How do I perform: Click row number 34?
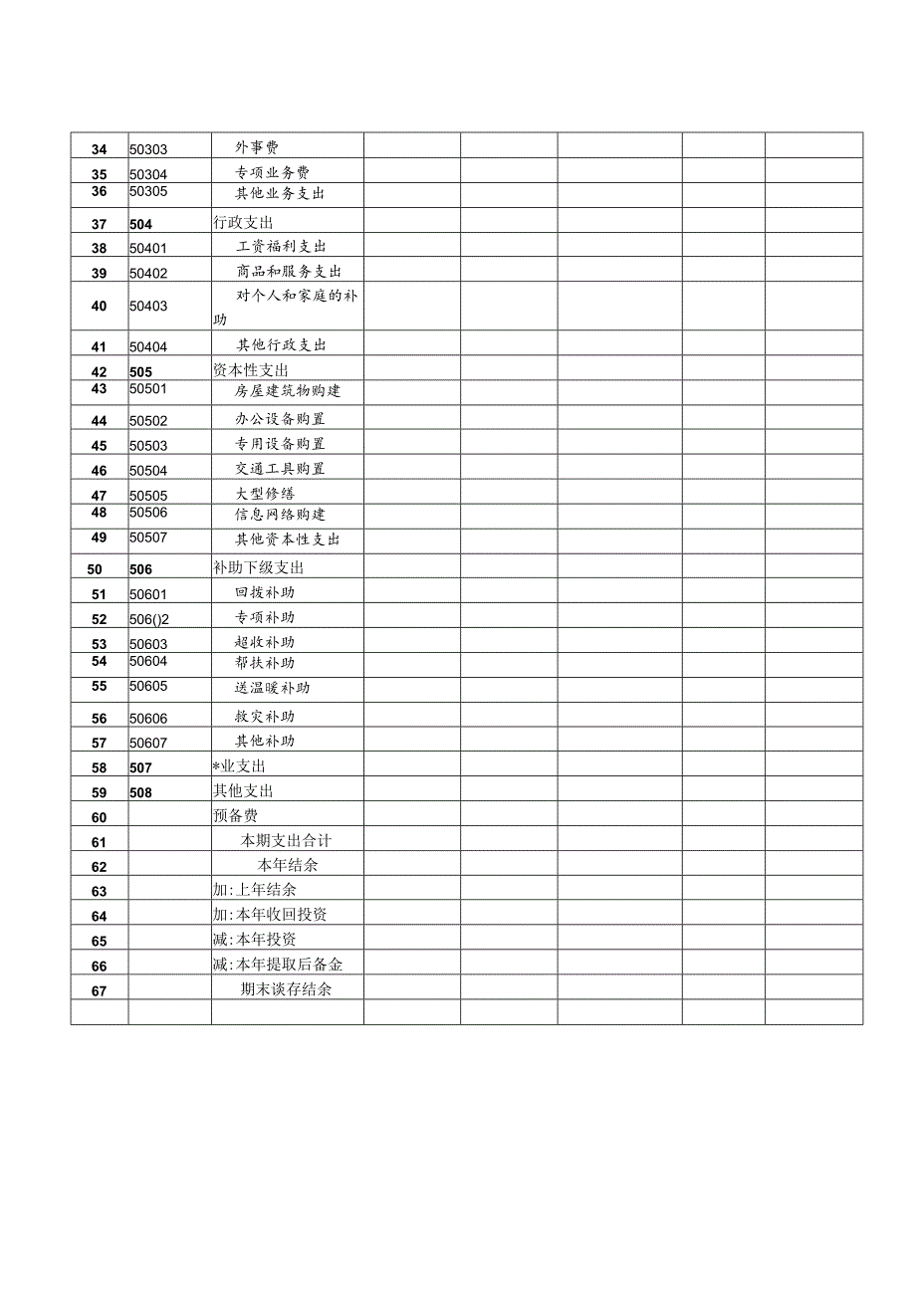coord(99,150)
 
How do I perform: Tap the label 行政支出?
coord(243,223)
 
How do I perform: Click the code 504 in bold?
coord(140,225)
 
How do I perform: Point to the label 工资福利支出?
coord(281,247)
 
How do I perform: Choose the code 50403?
coord(148,307)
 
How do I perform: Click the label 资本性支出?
coord(251,370)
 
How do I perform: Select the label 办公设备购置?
coord(280,419)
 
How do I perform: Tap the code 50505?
coord(148,496)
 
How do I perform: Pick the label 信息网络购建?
coord(280,515)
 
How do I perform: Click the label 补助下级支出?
coord(258,568)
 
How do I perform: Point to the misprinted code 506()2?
coord(149,619)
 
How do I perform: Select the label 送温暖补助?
coord(273,688)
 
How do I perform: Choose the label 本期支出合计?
coord(286,841)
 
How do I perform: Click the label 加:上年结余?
coord(254,890)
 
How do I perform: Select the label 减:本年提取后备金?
coord(278,965)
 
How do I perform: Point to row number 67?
coord(99,991)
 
